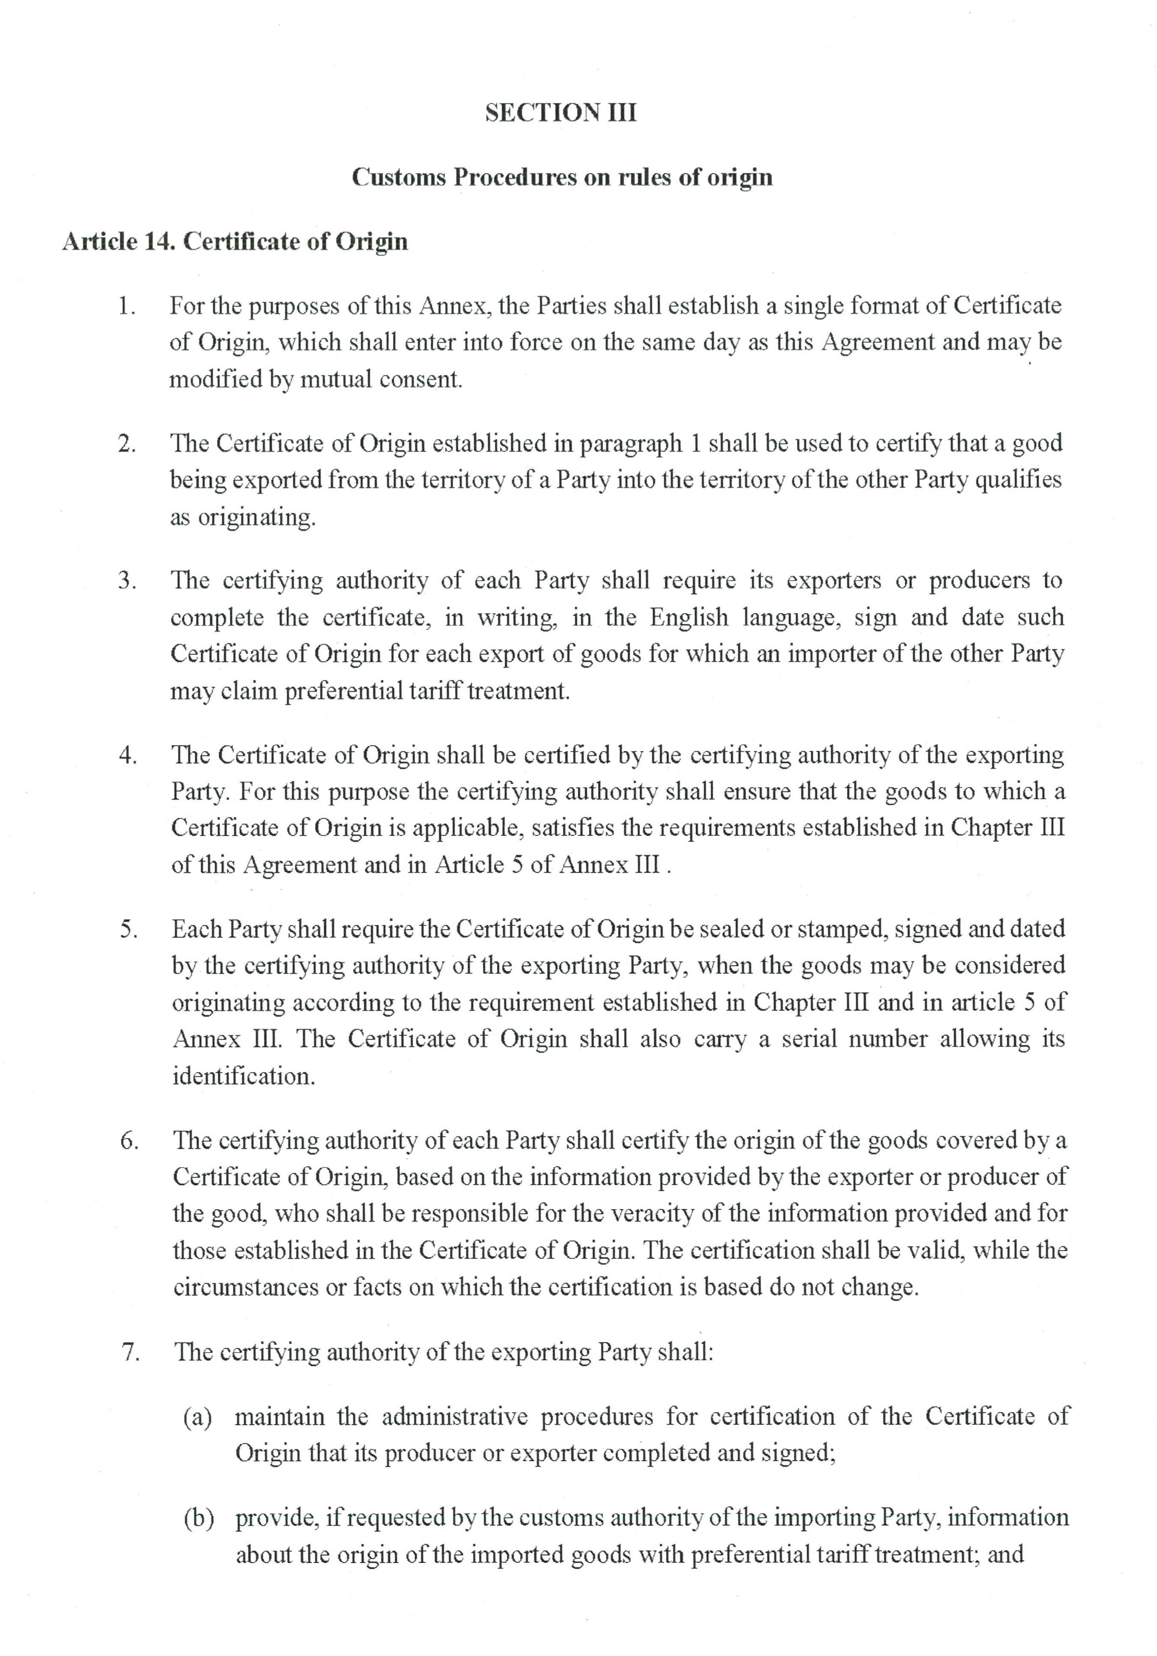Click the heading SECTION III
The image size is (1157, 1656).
click(x=560, y=113)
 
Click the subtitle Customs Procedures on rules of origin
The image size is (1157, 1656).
click(x=561, y=178)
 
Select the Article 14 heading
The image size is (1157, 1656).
click(x=235, y=242)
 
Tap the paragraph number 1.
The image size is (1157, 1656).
click(x=126, y=306)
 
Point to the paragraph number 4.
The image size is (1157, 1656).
click(x=128, y=756)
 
